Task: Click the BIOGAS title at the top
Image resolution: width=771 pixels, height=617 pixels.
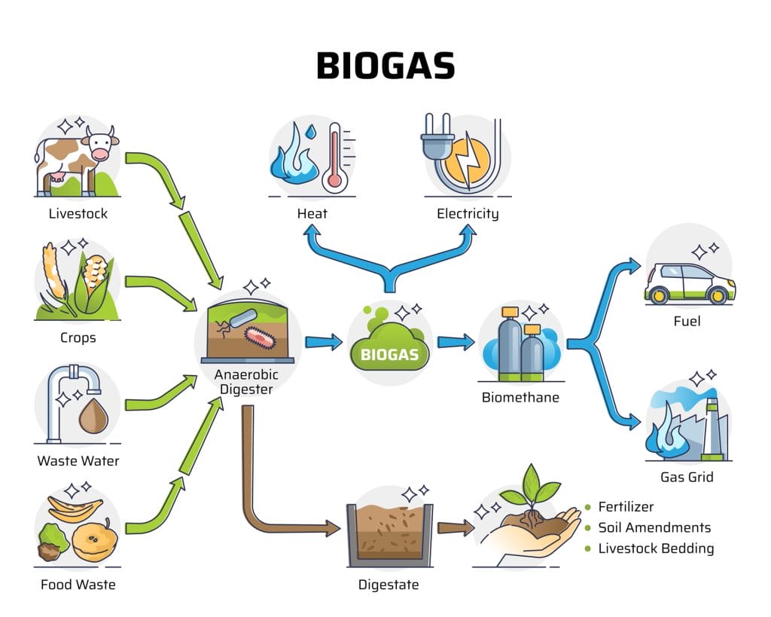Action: click(385, 66)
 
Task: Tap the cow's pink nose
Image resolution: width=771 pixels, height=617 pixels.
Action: click(101, 154)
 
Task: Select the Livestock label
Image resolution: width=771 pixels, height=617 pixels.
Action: click(78, 213)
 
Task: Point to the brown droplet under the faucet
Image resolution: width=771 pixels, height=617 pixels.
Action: click(93, 417)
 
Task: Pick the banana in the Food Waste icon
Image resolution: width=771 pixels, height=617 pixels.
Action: click(75, 509)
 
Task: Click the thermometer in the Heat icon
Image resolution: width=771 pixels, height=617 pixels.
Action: click(335, 157)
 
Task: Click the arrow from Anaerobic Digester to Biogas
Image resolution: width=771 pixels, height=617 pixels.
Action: click(324, 341)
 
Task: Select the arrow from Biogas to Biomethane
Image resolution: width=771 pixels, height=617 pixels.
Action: click(456, 341)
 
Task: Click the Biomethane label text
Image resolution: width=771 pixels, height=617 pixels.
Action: click(521, 397)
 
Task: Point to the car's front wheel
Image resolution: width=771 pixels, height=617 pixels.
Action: click(717, 295)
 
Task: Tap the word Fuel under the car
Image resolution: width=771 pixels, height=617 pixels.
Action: click(687, 321)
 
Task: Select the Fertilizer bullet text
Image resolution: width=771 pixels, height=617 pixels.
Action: click(626, 507)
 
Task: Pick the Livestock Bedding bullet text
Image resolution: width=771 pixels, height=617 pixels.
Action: click(656, 548)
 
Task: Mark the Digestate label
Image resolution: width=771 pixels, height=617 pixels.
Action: click(389, 585)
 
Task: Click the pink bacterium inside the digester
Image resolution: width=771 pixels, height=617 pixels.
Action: click(261, 338)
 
